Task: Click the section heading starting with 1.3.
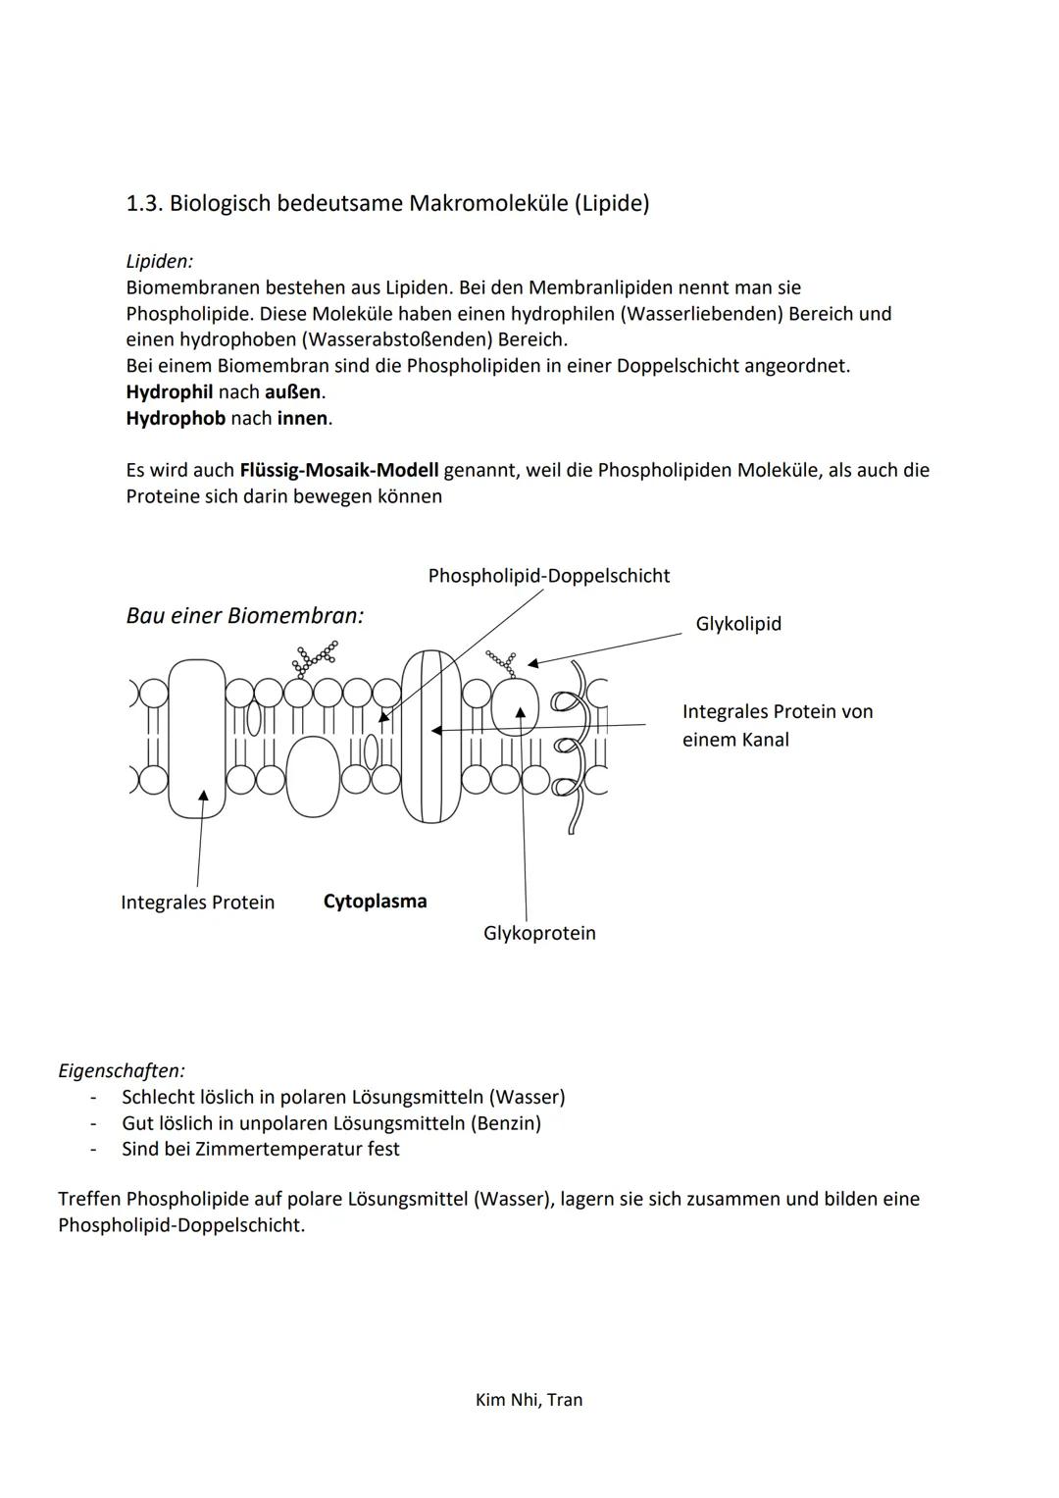click(387, 203)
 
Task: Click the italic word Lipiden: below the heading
click(159, 261)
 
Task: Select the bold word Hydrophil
click(169, 391)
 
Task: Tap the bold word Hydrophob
click(176, 418)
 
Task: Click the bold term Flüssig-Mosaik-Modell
click(338, 470)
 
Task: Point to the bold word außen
click(292, 391)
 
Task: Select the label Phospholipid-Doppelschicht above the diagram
click(548, 576)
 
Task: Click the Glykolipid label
click(737, 624)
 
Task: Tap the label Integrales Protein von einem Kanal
click(777, 725)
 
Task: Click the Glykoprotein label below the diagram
click(539, 933)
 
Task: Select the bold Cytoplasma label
click(375, 902)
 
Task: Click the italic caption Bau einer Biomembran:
click(245, 616)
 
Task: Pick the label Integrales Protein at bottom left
click(197, 903)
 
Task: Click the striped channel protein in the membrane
click(430, 736)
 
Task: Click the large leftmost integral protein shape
click(196, 738)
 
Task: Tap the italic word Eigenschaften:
click(122, 1070)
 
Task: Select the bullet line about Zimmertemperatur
click(260, 1149)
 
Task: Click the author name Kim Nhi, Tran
click(529, 1400)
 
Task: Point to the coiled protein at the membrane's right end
click(574, 746)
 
